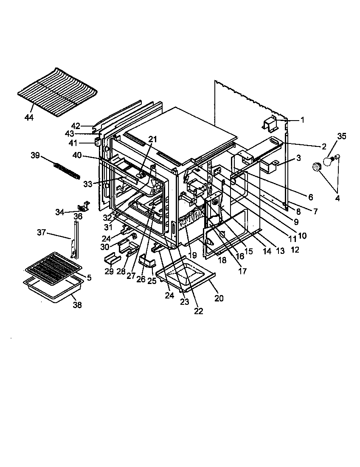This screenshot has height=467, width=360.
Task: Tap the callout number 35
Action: click(342, 136)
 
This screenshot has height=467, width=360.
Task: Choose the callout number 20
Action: click(219, 298)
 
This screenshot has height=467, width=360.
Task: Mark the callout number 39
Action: click(35, 156)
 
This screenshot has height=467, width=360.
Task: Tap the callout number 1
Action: click(302, 120)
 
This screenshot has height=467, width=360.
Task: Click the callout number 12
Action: click(295, 250)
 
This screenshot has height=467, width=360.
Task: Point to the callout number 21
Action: click(152, 139)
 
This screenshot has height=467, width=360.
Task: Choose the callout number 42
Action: click(76, 126)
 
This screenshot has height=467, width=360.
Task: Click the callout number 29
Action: click(109, 271)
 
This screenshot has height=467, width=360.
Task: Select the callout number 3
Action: click(299, 158)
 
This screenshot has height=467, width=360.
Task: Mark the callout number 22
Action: click(198, 311)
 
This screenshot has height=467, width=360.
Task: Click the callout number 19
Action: click(193, 255)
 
